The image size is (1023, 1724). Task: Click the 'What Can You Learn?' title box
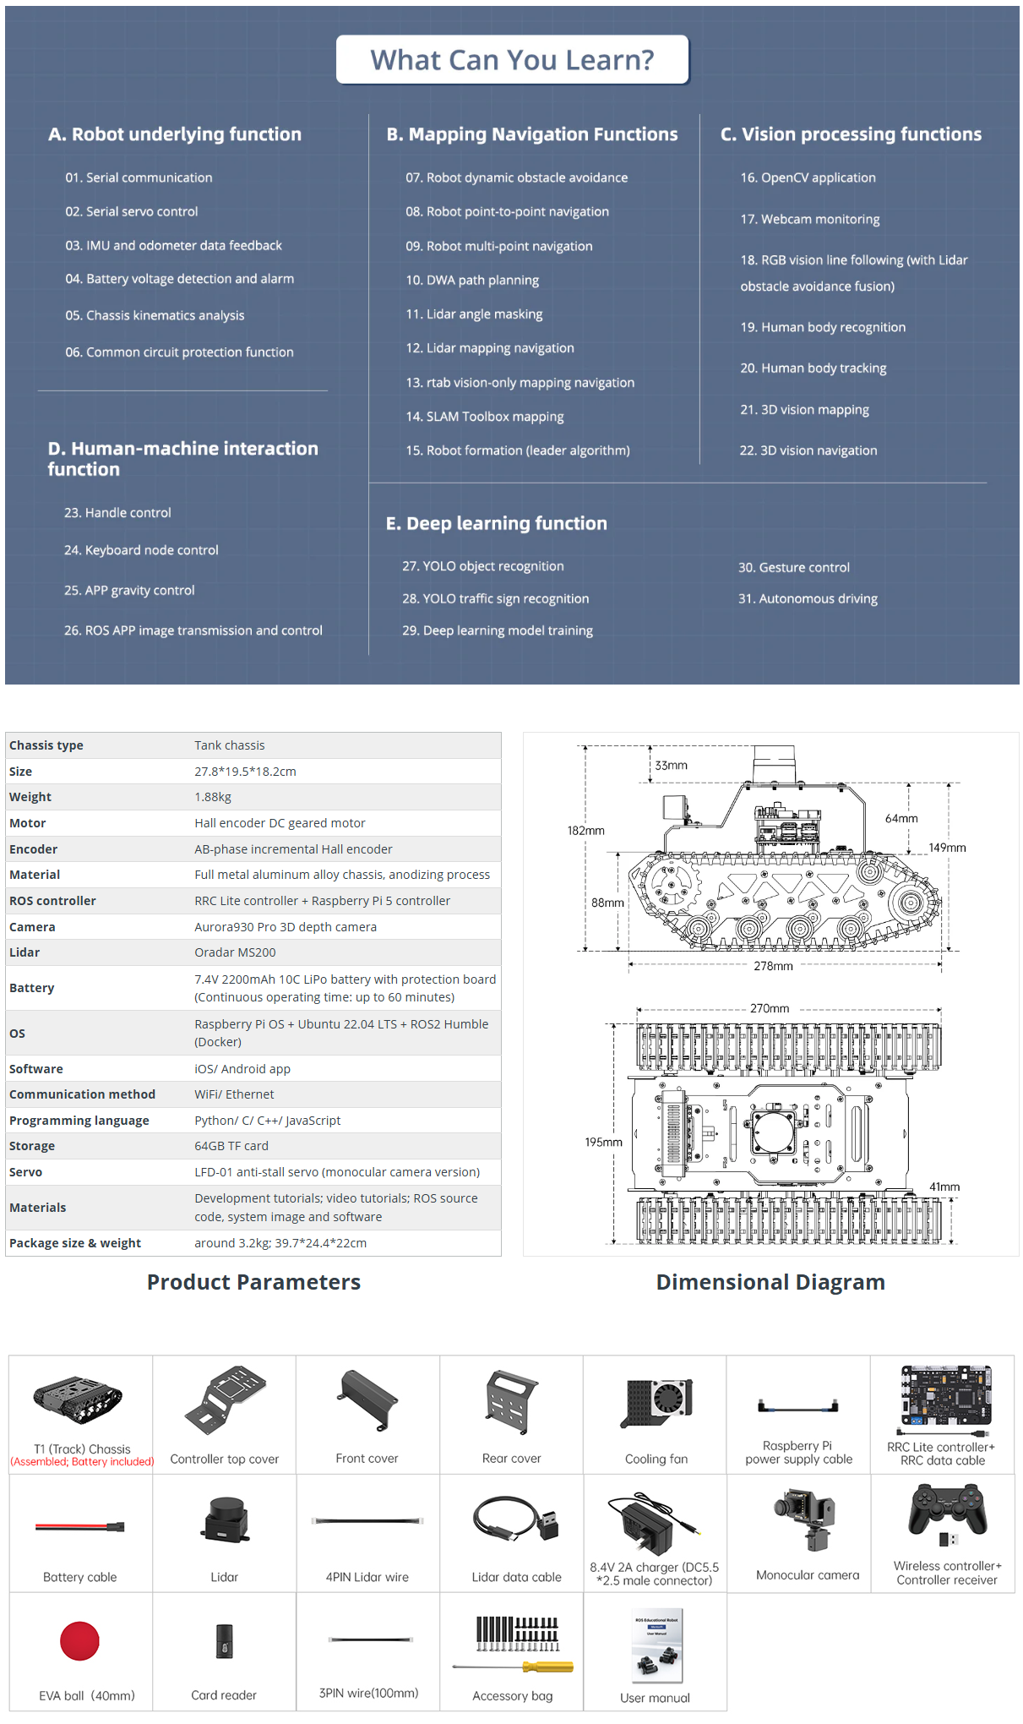512,60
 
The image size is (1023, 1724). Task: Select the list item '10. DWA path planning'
471,280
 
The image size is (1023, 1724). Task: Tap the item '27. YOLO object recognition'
482,566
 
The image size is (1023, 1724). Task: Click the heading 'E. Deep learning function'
496,523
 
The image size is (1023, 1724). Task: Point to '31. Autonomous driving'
808,598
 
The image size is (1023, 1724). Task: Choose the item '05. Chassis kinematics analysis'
155,315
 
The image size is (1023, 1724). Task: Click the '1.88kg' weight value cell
213,797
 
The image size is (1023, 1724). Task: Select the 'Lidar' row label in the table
24,952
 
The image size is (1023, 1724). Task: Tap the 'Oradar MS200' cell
235,952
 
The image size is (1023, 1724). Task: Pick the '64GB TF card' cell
231,1146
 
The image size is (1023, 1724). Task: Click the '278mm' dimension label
773,966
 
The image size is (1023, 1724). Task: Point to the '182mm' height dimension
585,831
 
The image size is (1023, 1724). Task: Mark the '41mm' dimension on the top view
944,1187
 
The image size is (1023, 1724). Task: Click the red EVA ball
80,1641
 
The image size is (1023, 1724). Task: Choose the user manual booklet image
656,1645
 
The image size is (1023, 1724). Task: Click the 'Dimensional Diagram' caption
770,1282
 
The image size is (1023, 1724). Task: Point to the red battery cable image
80,1526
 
